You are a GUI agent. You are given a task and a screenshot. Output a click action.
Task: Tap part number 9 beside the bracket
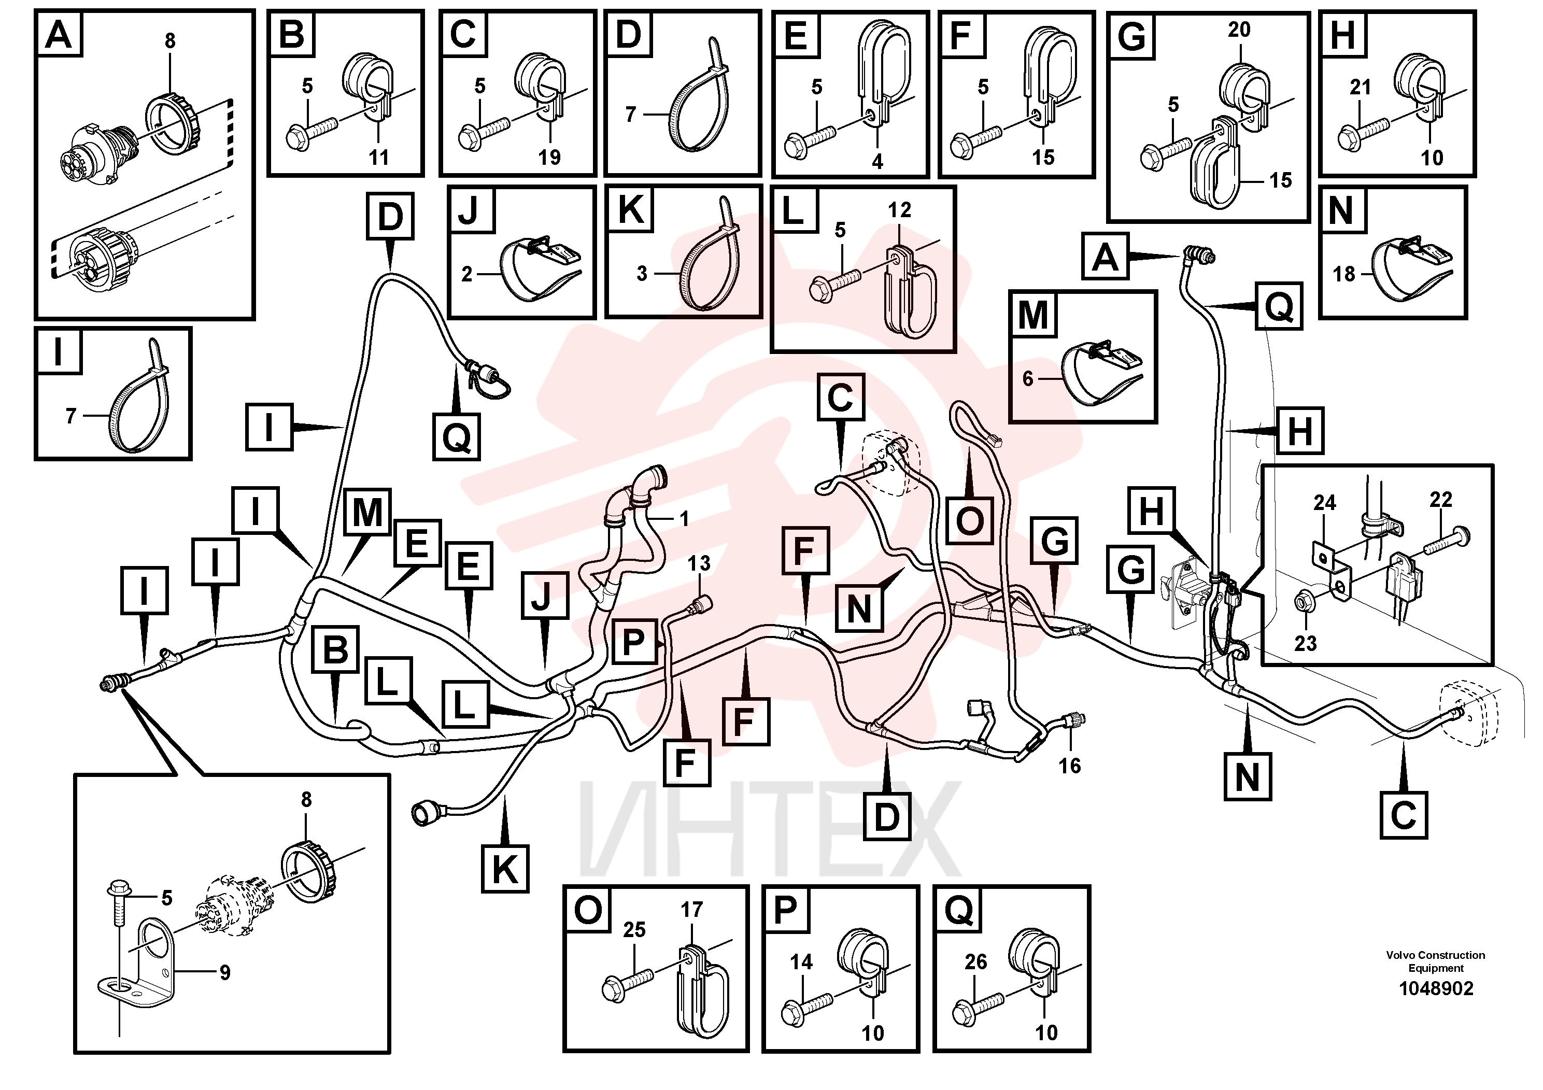pyautogui.click(x=224, y=972)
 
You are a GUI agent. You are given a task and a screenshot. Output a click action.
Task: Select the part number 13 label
pyautogui.click(x=699, y=563)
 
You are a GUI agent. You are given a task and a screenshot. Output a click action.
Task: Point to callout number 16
pyautogui.click(x=1069, y=766)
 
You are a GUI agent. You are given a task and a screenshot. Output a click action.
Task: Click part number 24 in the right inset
pyautogui.click(x=1325, y=503)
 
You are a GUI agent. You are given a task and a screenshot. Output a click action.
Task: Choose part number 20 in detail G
pyautogui.click(x=1239, y=30)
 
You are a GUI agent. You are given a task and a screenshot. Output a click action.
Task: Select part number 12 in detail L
pyautogui.click(x=899, y=210)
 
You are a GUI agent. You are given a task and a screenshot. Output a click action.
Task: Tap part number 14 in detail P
pyautogui.click(x=801, y=962)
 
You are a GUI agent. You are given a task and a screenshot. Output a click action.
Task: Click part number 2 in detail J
pyautogui.click(x=467, y=274)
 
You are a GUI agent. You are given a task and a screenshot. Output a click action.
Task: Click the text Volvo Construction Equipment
pyautogui.click(x=1436, y=961)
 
